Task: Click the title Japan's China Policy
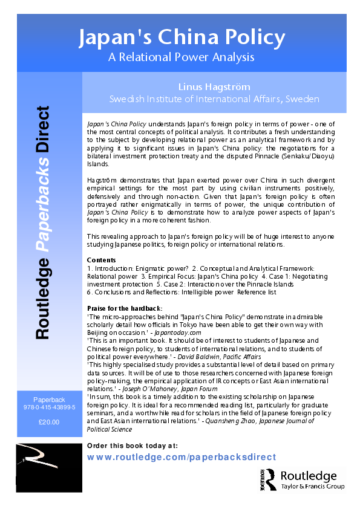tap(182, 37)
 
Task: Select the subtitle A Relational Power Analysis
tap(182, 57)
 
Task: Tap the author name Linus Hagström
tap(214, 86)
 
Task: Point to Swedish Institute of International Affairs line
tap(214, 99)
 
